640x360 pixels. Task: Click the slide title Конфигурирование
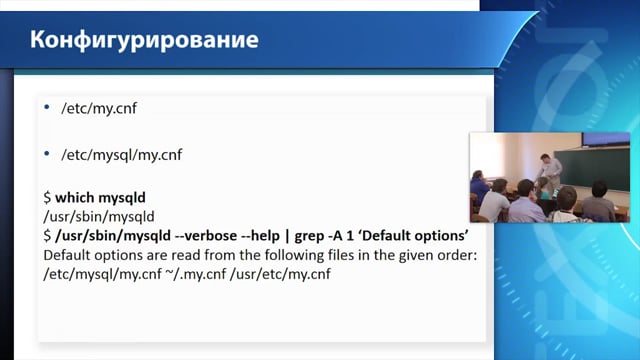coord(144,41)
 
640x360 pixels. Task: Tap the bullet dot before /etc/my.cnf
coord(47,107)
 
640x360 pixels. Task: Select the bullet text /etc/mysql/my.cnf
coord(122,155)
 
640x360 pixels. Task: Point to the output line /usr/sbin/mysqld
coord(99,217)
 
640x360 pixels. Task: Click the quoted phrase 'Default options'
coord(413,236)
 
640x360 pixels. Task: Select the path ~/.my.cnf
coord(196,274)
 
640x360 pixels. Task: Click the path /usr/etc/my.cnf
coord(280,274)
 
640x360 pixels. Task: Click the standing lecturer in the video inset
coord(549,173)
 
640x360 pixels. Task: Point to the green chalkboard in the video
coord(591,168)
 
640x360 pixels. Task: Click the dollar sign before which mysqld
coord(47,198)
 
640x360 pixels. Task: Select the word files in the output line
coord(340,256)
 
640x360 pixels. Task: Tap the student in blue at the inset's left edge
coord(478,189)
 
